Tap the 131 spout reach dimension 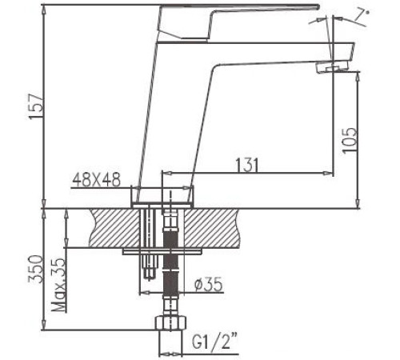(247, 163)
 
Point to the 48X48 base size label (95, 181)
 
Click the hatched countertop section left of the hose (112, 227)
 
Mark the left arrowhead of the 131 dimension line (168, 172)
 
